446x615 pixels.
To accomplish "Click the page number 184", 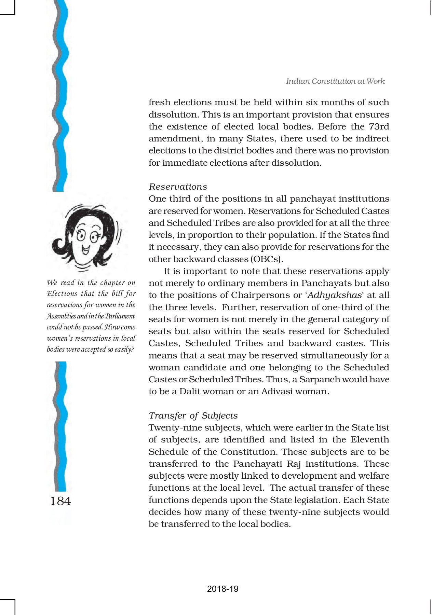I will tap(60, 501).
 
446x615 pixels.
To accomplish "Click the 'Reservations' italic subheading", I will tap(178, 187).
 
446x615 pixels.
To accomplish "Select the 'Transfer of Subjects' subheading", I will tap(193, 416).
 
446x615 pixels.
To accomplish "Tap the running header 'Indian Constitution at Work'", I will tap(335, 81).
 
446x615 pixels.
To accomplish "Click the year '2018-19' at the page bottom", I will tap(222, 589).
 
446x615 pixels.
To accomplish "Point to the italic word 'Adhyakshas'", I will tap(335, 295).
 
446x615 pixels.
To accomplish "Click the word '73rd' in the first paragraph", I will tap(379, 127).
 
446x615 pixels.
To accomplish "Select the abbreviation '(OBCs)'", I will tap(267, 259).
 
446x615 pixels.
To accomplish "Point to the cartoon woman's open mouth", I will tap(85, 250).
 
